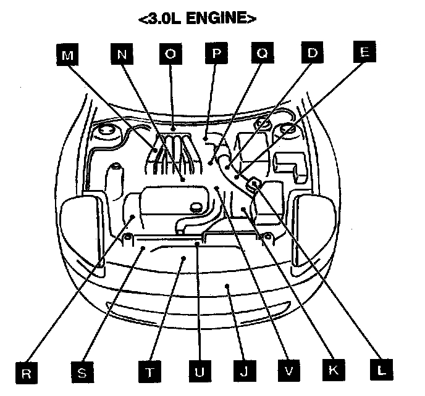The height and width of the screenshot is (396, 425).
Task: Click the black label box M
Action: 68,55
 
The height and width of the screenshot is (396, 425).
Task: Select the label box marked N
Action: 122,55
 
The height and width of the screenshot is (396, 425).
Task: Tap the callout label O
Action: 170,55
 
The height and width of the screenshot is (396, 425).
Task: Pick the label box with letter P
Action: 216,55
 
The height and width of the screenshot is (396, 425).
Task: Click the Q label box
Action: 263,55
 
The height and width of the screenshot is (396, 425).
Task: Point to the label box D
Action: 312,55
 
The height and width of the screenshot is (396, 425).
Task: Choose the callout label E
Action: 364,53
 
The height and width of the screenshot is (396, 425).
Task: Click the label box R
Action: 27,373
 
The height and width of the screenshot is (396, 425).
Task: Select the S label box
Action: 82,373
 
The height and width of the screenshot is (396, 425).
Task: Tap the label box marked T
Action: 150,373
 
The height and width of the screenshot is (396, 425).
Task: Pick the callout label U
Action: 199,373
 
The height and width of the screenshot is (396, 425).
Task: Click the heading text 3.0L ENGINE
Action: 197,19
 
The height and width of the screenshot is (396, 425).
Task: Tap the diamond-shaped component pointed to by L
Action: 253,184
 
